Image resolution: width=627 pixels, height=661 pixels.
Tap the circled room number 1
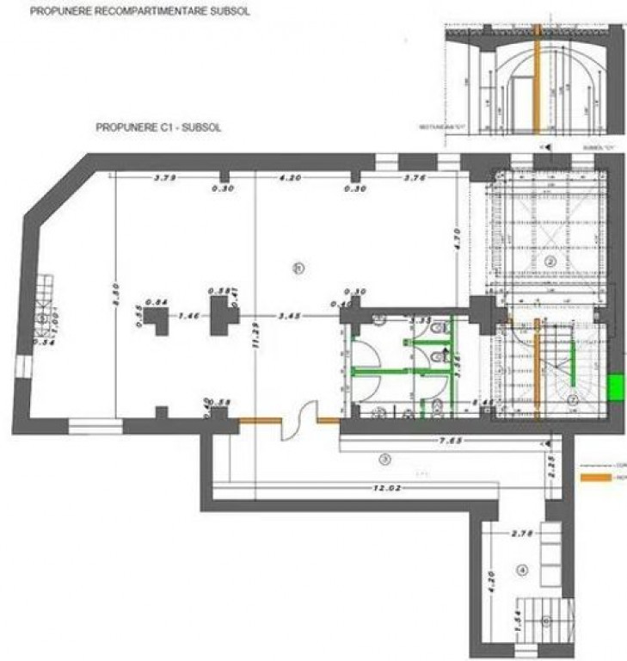tap(298, 268)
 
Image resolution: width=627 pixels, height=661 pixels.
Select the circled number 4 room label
tap(521, 570)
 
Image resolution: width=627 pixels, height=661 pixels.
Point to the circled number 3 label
tap(385, 460)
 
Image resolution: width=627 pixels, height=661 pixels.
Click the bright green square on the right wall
tap(615, 386)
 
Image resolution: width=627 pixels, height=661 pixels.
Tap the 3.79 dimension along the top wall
tap(165, 178)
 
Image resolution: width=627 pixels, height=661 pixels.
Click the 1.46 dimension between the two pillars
tap(188, 317)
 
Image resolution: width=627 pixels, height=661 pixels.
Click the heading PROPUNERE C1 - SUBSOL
tap(159, 126)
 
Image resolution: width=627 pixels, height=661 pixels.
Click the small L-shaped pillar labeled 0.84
tap(157, 322)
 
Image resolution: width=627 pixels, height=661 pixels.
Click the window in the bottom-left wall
tap(96, 423)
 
